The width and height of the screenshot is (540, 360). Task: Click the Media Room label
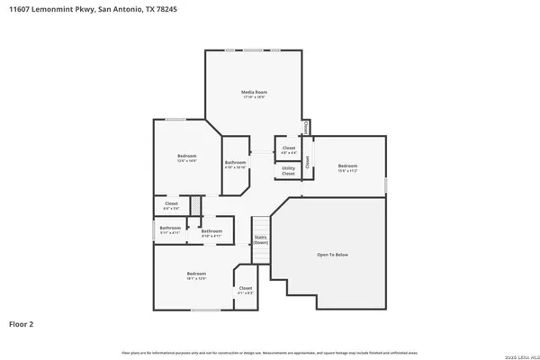[x=255, y=92]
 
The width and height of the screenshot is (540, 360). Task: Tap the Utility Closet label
[x=288, y=169]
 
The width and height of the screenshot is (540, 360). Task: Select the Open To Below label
[x=332, y=255]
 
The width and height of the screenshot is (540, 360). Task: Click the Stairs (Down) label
[x=260, y=240]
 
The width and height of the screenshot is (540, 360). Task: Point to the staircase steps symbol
[x=260, y=224]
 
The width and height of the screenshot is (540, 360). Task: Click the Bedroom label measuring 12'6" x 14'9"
[x=186, y=157]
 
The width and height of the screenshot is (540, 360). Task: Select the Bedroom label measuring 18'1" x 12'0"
[x=196, y=274]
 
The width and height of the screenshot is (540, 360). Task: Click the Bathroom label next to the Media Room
[x=235, y=163]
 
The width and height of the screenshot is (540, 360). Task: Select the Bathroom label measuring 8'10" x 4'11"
[x=211, y=232]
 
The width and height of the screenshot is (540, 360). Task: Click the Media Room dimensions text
[x=255, y=97]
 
